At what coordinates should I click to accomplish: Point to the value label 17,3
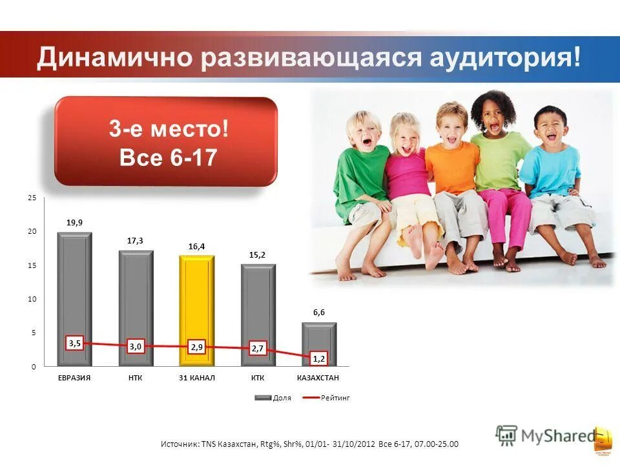(135, 240)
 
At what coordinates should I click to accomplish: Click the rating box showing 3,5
(74, 344)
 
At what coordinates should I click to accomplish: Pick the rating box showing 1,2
(319, 357)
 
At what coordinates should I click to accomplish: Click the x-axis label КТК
(258, 377)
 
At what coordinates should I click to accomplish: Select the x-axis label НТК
(135, 377)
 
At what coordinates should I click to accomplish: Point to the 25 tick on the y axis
(32, 198)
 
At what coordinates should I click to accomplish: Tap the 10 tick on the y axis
(32, 299)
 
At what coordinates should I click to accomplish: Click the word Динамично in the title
(114, 58)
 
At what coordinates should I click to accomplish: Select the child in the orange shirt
(452, 174)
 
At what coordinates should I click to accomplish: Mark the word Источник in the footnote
(179, 444)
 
